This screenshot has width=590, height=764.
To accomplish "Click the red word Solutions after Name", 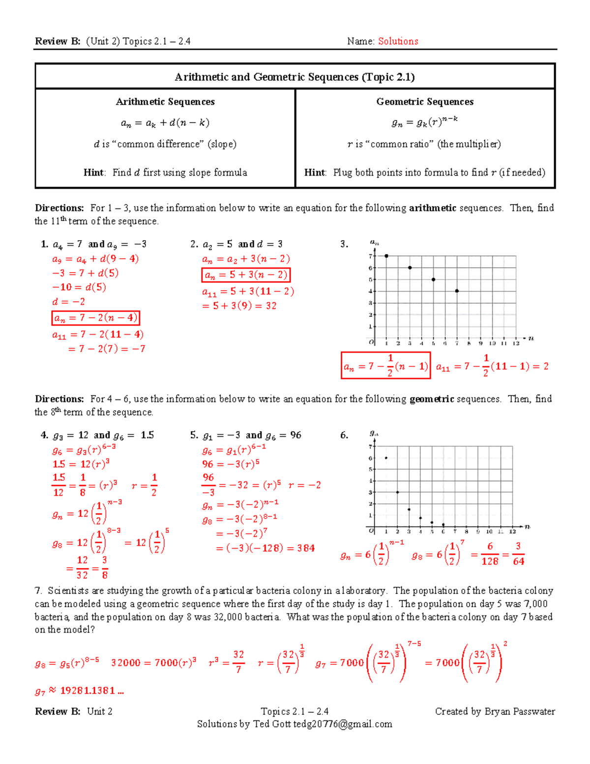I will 398,41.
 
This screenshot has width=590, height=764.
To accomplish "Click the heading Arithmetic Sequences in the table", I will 165,102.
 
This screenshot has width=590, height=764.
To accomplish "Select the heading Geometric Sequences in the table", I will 425,102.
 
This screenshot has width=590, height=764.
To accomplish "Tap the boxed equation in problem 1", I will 96,318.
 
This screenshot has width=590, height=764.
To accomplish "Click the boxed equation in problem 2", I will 246,275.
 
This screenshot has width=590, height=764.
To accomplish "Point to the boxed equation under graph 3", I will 385,366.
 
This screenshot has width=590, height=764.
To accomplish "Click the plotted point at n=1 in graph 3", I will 386,256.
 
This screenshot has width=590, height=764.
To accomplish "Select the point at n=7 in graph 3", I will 457,291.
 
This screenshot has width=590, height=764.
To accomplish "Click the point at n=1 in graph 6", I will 386,458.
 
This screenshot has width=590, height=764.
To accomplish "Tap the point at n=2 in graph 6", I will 397,492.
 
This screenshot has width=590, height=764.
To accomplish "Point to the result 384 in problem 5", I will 306,548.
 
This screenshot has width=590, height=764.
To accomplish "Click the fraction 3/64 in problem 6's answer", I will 518,554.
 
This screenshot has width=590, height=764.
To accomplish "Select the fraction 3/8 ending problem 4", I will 104,568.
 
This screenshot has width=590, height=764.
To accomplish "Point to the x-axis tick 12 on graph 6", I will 512,532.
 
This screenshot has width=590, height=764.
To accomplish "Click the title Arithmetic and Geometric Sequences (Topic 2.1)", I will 295,77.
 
